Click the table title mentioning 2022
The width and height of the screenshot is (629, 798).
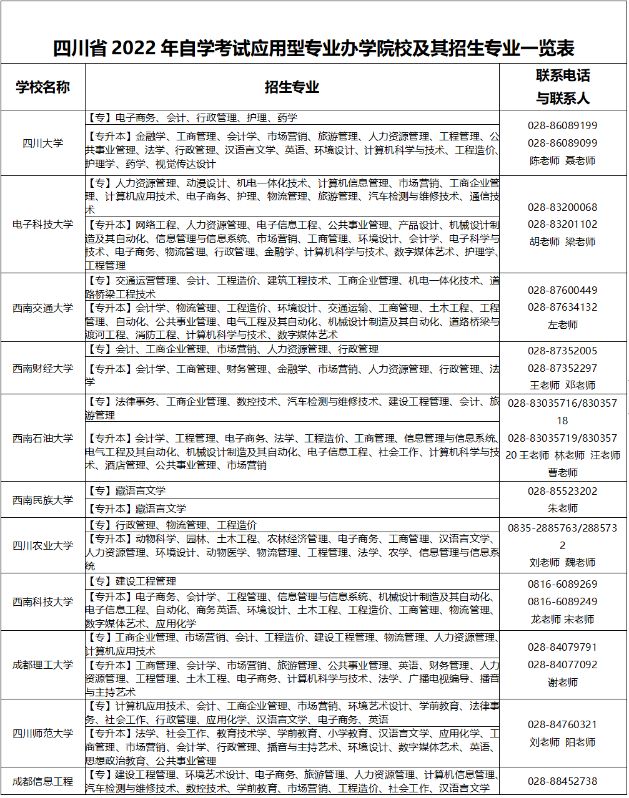click(x=314, y=48)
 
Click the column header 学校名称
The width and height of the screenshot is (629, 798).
click(x=42, y=87)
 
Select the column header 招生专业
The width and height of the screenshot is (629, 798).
click(x=292, y=87)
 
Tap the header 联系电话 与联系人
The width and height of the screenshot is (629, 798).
click(x=563, y=87)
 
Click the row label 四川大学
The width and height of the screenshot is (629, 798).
click(x=42, y=143)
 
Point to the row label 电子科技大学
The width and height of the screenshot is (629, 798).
click(x=42, y=224)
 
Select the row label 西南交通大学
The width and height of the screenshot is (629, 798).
click(x=42, y=308)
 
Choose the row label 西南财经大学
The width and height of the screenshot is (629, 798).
click(x=42, y=368)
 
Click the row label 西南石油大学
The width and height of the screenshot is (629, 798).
click(x=42, y=438)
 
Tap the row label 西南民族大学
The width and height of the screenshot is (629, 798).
click(x=42, y=500)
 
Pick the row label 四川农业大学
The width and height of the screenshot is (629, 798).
click(x=42, y=545)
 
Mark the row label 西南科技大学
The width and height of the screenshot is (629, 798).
click(x=42, y=601)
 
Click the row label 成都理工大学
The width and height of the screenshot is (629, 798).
click(x=42, y=664)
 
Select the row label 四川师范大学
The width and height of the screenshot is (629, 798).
click(x=42, y=733)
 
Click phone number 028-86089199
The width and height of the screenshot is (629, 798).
click(x=562, y=125)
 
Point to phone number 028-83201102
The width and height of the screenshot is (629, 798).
click(x=562, y=224)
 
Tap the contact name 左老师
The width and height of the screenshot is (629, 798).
click(x=562, y=324)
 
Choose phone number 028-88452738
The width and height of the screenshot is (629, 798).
click(x=562, y=781)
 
